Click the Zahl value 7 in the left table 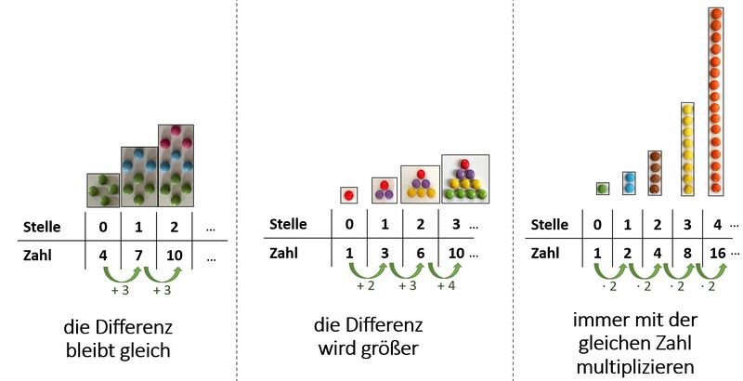pos(137,254)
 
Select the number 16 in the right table pos(715,252)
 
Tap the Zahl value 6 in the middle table pos(420,252)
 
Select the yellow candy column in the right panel pos(687,148)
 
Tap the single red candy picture pos(349,195)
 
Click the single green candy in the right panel pos(602,189)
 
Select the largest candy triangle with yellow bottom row pos(463,178)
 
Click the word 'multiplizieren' pos(636,363)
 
